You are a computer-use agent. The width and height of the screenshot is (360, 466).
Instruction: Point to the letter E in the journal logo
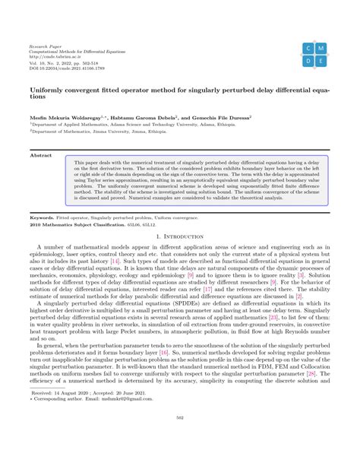322,61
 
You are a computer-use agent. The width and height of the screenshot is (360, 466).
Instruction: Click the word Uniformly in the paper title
46,88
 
